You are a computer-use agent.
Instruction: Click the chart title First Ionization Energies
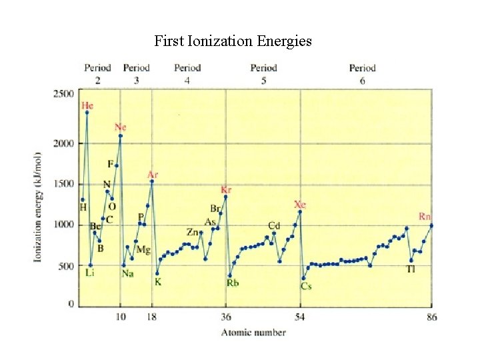[x=233, y=41]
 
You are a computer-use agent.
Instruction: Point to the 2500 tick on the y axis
[x=63, y=94]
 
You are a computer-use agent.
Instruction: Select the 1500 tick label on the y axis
[x=63, y=184]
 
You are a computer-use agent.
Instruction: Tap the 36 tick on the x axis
[x=226, y=317]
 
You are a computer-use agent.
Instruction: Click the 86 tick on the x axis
[x=431, y=317]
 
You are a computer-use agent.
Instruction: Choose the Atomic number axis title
[x=253, y=332]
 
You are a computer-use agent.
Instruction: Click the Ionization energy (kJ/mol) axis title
[x=38, y=207]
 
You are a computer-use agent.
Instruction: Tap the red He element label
[x=87, y=105]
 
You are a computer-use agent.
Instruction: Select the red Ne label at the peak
[x=120, y=127]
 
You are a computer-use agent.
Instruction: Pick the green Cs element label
[x=306, y=287]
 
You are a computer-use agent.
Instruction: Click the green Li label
[x=90, y=273]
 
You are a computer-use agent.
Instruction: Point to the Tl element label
[x=412, y=269]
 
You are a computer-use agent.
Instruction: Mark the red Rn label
[x=425, y=216]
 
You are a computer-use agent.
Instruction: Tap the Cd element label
[x=274, y=225]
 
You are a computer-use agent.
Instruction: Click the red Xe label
[x=300, y=205]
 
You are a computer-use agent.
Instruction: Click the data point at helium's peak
[x=87, y=113]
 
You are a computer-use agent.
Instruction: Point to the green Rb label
[x=232, y=283]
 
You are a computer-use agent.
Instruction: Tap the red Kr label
[x=226, y=189]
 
